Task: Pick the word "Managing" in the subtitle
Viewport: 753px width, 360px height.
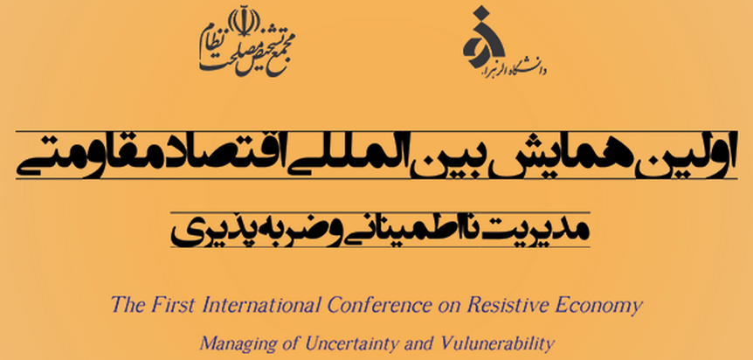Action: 228,344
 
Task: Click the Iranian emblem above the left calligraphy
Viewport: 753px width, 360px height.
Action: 243,23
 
